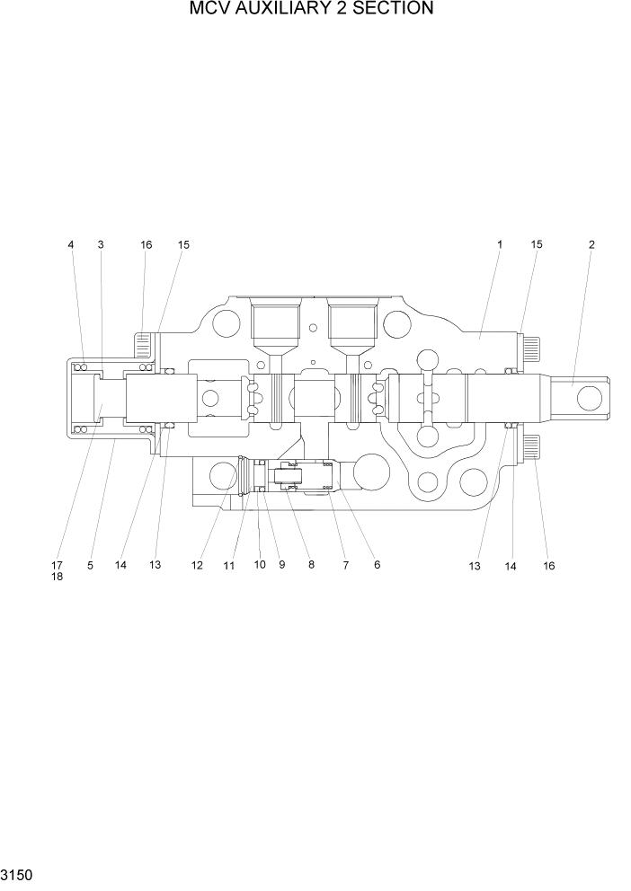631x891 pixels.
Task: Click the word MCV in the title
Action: tap(209, 10)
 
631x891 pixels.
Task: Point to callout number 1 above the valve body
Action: tap(500, 244)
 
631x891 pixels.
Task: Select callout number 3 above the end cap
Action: tap(100, 244)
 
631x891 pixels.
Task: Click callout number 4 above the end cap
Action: tap(70, 244)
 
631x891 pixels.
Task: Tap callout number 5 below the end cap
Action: tap(90, 566)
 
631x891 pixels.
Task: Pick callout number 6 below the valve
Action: tap(377, 566)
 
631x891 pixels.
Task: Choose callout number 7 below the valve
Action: tap(345, 566)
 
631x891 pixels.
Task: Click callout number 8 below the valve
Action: tap(311, 566)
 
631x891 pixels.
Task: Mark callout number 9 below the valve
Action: tap(281, 566)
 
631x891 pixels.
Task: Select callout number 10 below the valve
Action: tap(260, 566)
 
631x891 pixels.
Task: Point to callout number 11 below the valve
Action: tap(229, 566)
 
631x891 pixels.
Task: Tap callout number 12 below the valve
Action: tap(197, 566)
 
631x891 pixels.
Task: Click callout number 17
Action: tap(57, 566)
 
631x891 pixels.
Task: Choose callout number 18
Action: tap(57, 577)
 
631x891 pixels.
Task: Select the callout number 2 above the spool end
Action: tap(591, 244)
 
